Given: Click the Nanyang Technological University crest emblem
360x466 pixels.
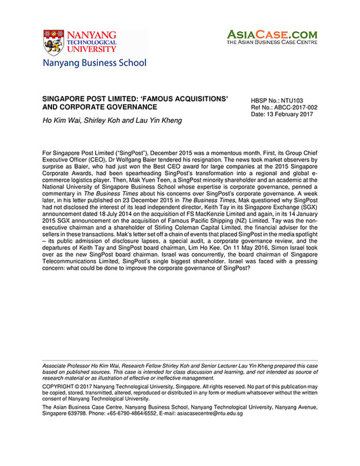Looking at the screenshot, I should (x=53, y=42).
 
